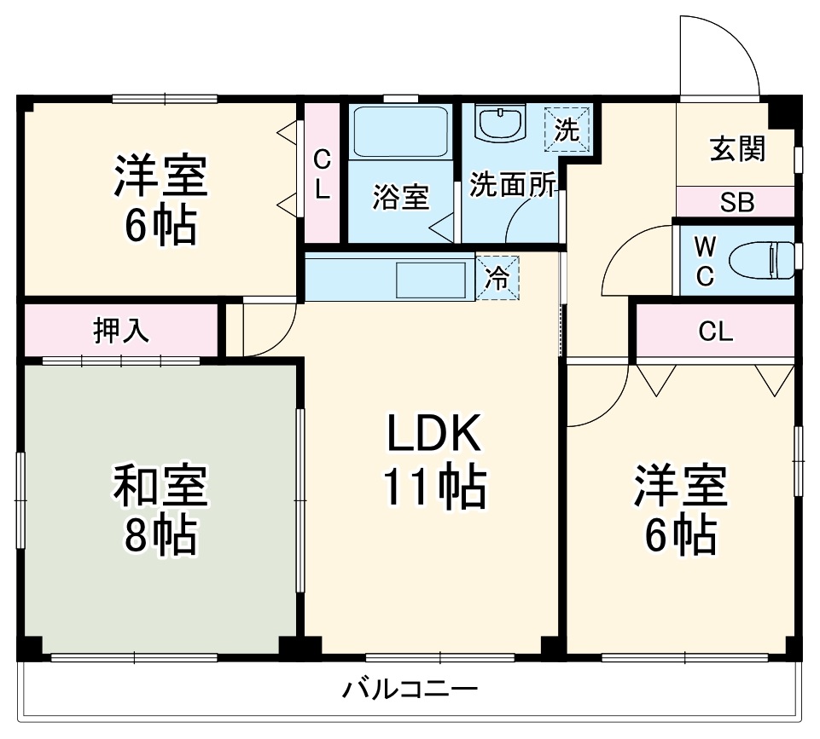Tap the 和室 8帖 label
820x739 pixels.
160,509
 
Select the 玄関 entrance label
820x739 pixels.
737,148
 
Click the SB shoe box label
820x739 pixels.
736,203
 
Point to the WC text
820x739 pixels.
704,261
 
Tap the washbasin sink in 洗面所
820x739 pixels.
501,124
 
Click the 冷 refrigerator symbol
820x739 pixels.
497,278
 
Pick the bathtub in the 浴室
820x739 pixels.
400,131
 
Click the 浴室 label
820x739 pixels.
400,198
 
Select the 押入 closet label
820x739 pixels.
120,331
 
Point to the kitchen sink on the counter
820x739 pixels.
431,279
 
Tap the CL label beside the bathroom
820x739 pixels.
322,174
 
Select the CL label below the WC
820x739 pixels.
715,332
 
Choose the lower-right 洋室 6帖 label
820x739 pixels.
679,510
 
